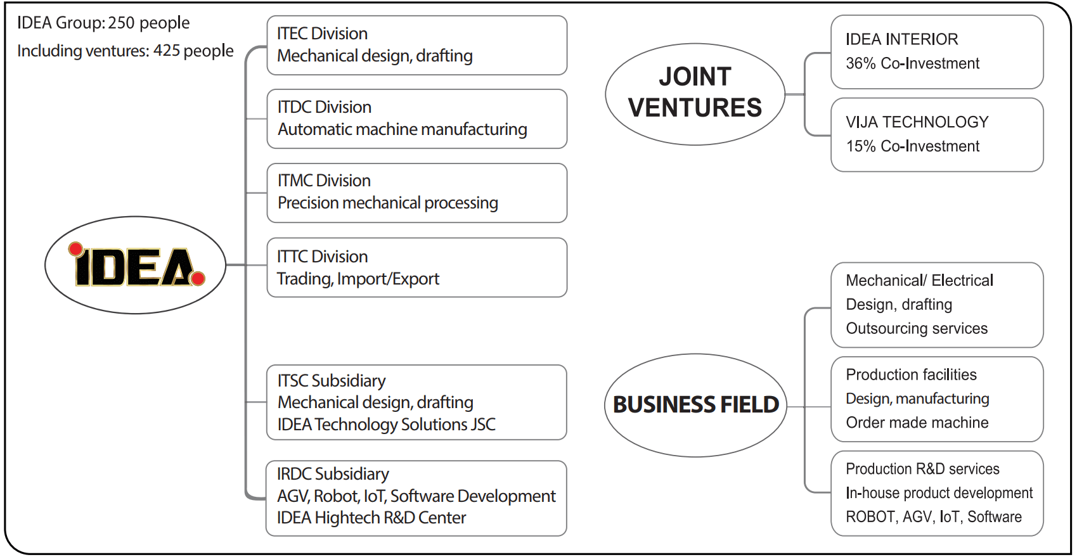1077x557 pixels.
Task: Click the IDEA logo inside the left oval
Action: [x=135, y=266]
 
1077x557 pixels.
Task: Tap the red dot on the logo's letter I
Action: [x=76, y=248]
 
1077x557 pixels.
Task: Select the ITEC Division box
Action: [x=416, y=45]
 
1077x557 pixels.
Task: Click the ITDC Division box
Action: [x=416, y=118]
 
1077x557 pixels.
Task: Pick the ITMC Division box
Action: [x=416, y=193]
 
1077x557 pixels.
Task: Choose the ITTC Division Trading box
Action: [x=416, y=267]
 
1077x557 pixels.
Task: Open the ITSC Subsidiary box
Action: [x=416, y=402]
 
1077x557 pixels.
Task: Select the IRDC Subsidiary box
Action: [x=416, y=498]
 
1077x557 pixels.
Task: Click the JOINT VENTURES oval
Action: [x=695, y=94]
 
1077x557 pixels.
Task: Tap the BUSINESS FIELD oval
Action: [x=695, y=405]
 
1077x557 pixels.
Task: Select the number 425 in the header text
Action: [x=167, y=51]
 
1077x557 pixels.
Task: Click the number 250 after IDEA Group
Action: [x=121, y=23]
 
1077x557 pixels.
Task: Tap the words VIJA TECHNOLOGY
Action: [x=917, y=122]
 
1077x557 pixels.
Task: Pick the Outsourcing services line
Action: [x=917, y=328]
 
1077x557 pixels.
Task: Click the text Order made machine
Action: [x=917, y=423]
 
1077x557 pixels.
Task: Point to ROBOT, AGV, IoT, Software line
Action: [x=933, y=517]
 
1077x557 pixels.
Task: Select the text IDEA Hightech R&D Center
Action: [x=371, y=518]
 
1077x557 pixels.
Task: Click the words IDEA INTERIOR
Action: [x=901, y=39]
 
